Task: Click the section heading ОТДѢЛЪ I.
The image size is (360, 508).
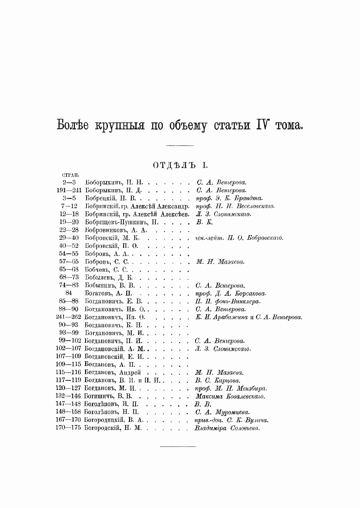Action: click(x=180, y=165)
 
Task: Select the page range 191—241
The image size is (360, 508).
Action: click(x=69, y=190)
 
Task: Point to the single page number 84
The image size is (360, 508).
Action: click(x=69, y=293)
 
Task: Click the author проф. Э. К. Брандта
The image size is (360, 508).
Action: click(x=229, y=198)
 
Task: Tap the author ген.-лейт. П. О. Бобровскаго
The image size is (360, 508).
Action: click(x=239, y=238)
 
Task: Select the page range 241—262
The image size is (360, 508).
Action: click(x=69, y=317)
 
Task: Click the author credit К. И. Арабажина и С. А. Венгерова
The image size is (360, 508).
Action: click(x=249, y=317)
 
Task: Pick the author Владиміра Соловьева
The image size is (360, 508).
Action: click(x=227, y=428)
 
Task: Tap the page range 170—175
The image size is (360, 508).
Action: click(x=68, y=428)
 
